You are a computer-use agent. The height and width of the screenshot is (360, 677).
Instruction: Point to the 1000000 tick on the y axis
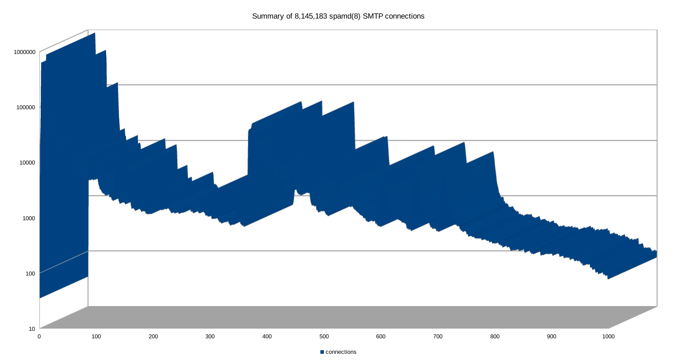coord(24,52)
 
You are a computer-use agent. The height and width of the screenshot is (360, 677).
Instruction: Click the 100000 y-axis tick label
coord(26,107)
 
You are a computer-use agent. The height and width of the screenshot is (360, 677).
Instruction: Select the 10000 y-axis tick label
coord(27,162)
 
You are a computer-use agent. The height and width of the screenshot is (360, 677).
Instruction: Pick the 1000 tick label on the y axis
coord(29,218)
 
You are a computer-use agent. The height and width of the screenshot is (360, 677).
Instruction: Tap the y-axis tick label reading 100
coord(31,273)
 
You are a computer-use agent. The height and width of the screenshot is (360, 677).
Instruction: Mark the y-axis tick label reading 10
coord(32,329)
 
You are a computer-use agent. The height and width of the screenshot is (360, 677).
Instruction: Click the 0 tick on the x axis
coord(39,337)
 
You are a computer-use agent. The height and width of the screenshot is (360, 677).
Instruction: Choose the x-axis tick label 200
coord(153,337)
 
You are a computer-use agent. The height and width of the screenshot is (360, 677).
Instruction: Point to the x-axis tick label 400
coord(267,337)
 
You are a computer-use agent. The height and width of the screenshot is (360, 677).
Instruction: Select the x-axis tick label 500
coord(324,337)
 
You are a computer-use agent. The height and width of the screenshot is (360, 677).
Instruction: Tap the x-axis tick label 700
coord(438,337)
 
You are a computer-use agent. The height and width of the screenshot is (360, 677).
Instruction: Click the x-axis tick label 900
coord(551,337)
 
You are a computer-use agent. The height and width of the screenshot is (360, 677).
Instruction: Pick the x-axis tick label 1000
coord(608,337)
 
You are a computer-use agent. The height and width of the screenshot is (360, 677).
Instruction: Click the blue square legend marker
coord(322,352)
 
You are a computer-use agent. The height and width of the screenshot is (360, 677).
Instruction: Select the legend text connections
coord(341,352)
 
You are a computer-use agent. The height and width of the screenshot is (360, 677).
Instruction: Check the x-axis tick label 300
coord(210,337)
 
